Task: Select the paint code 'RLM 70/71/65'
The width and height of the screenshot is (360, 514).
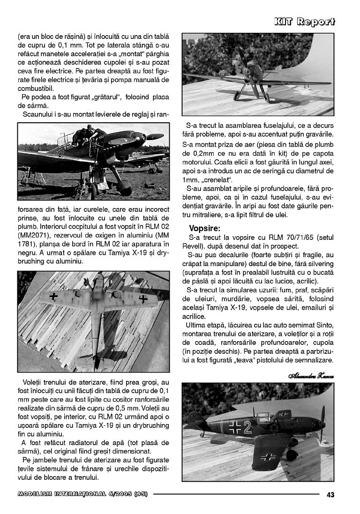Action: [x=284, y=238]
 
